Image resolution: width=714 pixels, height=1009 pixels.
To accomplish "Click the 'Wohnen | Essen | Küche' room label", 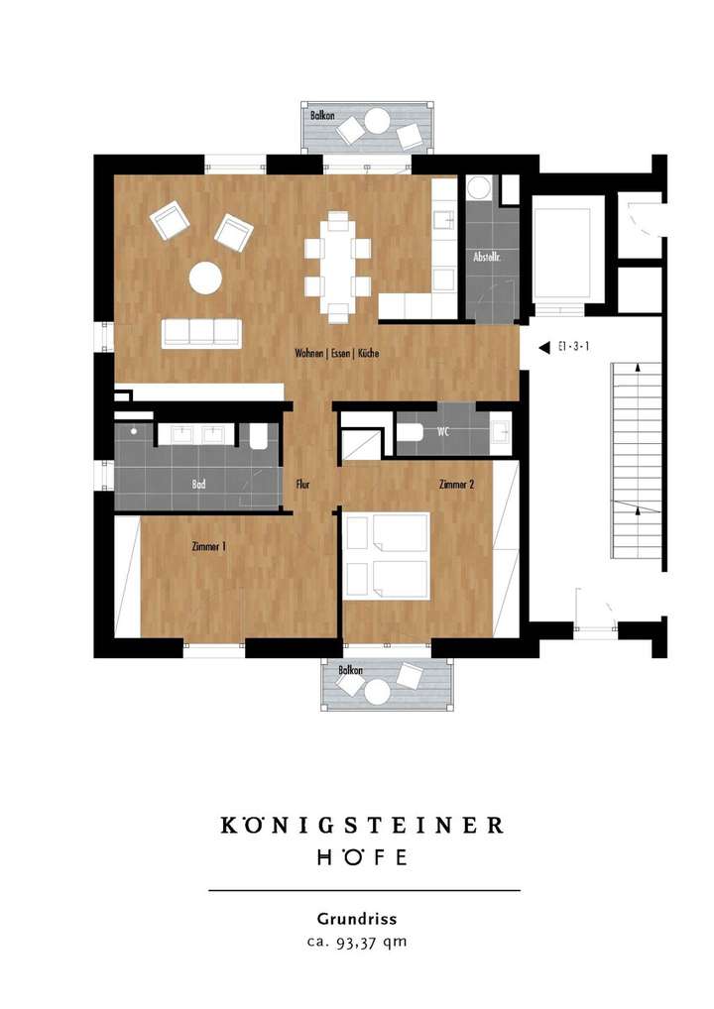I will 337,354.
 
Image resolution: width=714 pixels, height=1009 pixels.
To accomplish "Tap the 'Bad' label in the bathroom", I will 198,485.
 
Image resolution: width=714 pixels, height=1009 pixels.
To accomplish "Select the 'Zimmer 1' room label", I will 209,545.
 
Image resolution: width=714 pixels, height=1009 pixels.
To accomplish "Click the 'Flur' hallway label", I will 303,485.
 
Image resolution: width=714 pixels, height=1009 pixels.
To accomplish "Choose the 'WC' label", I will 443,432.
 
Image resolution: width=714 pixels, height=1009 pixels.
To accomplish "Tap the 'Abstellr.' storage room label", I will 487,257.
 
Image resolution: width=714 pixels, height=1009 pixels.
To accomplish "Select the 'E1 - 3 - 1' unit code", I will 572,348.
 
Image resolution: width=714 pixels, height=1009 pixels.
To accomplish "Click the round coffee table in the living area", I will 205,278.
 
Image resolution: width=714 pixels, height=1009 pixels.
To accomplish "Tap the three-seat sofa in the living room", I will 202,333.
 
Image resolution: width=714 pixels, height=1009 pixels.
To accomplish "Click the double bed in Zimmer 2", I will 386,556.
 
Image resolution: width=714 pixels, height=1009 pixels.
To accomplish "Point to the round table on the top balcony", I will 377,123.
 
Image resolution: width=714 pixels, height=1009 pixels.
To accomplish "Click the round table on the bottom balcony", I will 377,692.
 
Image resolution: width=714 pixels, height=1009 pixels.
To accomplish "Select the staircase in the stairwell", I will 635,461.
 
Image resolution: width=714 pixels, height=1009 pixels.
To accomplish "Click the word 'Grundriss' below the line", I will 357,919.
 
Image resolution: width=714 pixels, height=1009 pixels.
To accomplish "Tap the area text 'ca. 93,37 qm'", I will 357,942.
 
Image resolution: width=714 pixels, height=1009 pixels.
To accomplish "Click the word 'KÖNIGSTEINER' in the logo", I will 361,825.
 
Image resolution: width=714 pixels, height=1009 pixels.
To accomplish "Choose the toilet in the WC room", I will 411,432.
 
